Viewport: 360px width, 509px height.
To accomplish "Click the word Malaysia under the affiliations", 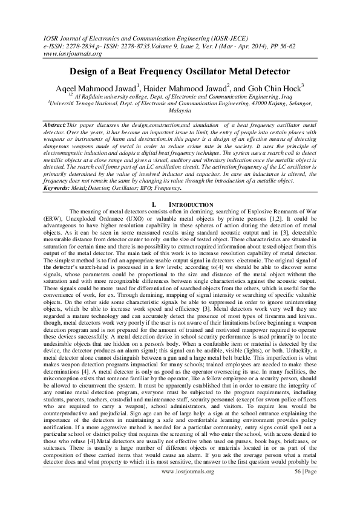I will point(180,112).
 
